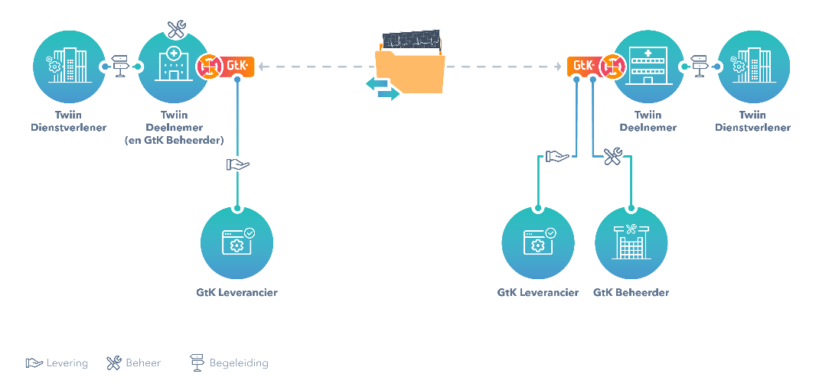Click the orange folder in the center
click(410, 69)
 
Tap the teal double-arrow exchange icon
click(383, 89)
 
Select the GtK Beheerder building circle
click(631, 243)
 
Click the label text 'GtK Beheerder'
click(631, 292)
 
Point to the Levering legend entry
click(57, 362)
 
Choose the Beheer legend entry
click(134, 362)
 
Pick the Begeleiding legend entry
click(230, 362)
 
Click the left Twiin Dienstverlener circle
click(69, 67)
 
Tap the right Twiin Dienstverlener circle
click(753, 67)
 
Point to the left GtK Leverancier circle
click(237, 243)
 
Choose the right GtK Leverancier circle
click(538, 243)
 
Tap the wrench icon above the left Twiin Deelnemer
click(177, 29)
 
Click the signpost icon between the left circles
click(121, 67)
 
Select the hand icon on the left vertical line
click(237, 164)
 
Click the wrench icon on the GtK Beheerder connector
click(613, 157)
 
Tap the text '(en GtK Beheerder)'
click(174, 141)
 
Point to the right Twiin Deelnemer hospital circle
click(648, 67)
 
